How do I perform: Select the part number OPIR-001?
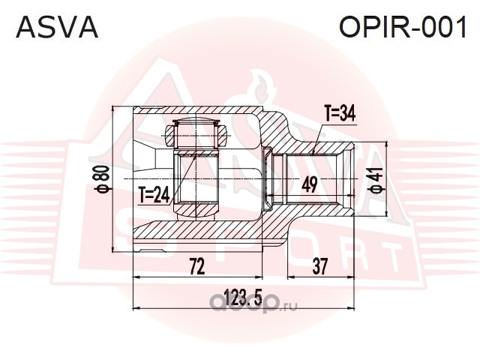click(x=403, y=27)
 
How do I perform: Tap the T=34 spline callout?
click(x=339, y=113)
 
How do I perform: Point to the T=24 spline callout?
click(x=154, y=196)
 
